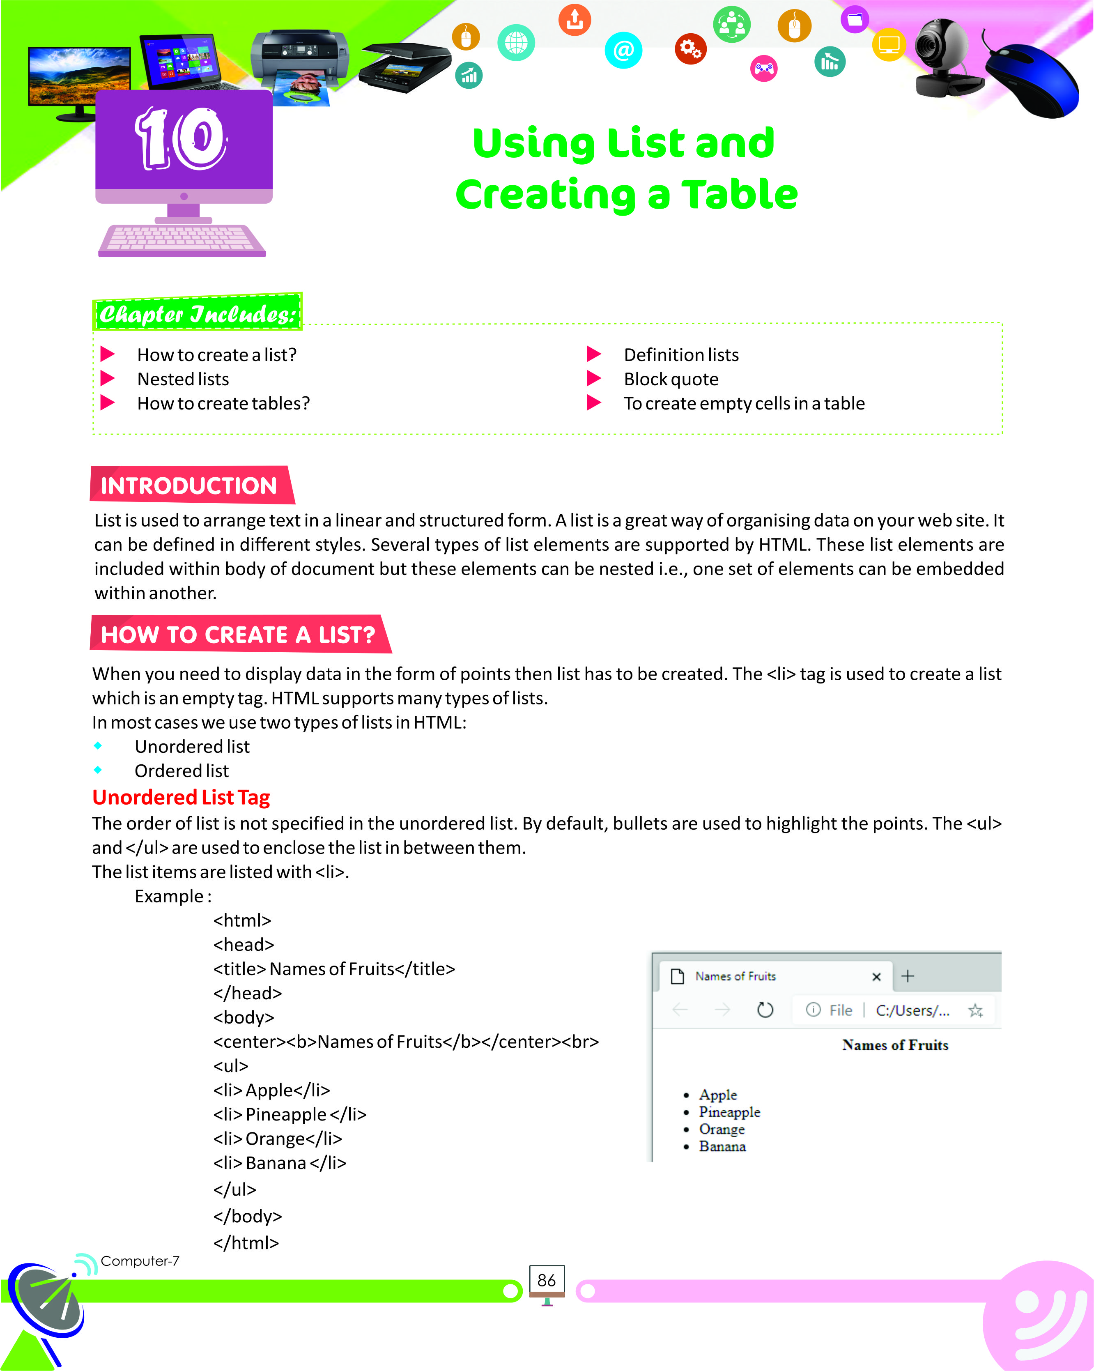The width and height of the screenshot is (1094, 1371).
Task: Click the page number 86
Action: point(546,1280)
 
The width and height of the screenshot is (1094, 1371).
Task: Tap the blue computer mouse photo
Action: point(1033,80)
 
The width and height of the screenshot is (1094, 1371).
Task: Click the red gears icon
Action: point(690,48)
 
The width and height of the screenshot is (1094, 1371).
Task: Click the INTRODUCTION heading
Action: point(189,486)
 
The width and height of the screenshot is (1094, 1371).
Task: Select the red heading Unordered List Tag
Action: point(181,797)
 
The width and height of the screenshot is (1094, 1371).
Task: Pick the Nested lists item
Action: point(183,379)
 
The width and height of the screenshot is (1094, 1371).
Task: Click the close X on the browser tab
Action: point(876,977)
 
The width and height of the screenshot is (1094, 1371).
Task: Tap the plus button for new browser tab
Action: point(908,976)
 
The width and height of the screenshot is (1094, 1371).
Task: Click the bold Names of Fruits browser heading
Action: point(894,1045)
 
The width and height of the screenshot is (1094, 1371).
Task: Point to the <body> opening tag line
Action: point(244,1017)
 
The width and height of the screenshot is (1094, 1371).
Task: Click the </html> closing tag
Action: point(246,1242)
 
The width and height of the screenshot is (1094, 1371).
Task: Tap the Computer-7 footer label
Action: point(140,1261)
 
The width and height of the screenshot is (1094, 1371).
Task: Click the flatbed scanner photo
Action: point(405,67)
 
